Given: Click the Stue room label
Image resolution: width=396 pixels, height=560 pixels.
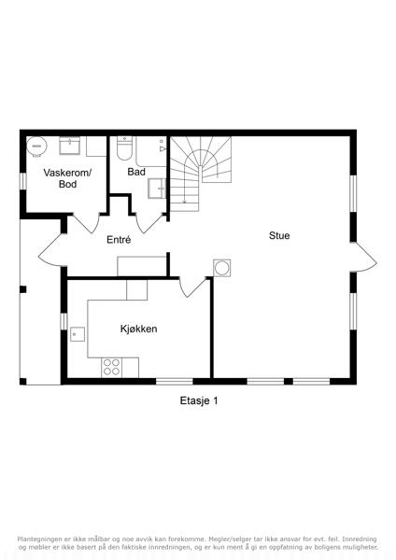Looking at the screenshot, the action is [x=279, y=236].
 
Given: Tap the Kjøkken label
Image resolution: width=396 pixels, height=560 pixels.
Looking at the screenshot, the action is [x=138, y=329].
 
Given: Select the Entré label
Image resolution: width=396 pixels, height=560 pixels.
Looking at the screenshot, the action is [x=119, y=240].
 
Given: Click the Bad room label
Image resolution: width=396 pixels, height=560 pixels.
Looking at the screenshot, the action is [x=136, y=172].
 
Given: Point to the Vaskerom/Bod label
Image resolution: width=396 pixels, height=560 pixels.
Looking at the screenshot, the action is [x=67, y=178].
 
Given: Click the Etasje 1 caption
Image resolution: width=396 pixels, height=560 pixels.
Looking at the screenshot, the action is [x=199, y=400].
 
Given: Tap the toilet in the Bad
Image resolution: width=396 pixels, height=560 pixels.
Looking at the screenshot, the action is [x=124, y=148].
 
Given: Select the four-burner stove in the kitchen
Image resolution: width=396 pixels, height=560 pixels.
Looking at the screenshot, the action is [x=111, y=367].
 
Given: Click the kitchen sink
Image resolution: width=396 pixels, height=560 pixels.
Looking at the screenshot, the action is [x=78, y=334].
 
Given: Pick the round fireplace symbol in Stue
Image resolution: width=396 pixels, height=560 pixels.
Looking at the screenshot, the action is [x=222, y=268].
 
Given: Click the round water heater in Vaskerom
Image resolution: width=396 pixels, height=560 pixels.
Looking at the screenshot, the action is [x=36, y=147].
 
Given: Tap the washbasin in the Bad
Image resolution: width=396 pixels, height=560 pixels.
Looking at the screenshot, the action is [x=157, y=189].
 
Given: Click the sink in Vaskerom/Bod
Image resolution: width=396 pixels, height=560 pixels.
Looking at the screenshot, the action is [x=70, y=146].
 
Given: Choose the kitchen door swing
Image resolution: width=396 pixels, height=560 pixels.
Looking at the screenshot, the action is [x=193, y=287].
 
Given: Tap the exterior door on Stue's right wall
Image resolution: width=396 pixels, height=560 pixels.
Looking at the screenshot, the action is [x=365, y=258].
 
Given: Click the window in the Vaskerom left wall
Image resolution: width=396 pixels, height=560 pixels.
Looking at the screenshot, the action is [x=22, y=181].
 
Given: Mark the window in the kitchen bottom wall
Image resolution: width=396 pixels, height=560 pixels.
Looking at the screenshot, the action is [x=175, y=382].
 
